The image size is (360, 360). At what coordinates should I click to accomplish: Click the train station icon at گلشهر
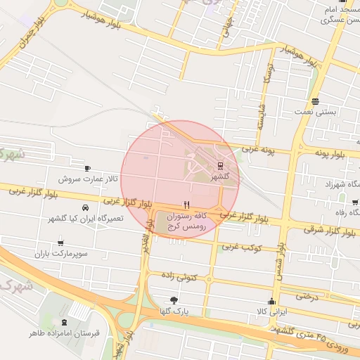click(221, 167)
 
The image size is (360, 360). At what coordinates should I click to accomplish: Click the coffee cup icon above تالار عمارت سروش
click(87, 168)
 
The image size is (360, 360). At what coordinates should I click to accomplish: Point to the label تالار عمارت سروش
click(87, 179)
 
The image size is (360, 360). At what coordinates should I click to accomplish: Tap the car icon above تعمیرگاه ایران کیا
click(85, 207)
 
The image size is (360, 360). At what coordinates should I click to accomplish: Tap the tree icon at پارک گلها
click(174, 300)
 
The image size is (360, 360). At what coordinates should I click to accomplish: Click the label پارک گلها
click(174, 311)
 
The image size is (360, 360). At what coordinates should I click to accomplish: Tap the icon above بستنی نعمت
click(315, 101)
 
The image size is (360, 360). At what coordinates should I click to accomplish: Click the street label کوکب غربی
click(243, 247)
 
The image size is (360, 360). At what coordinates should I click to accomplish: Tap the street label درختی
click(307, 296)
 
